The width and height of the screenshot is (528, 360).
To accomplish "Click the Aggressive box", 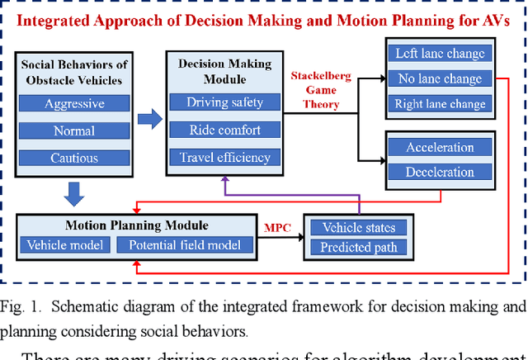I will click(x=74, y=104).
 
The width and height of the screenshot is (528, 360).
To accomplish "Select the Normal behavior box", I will click(x=74, y=130).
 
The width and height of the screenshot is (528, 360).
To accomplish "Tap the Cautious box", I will click(x=74, y=157).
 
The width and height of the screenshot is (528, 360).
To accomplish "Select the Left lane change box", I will click(x=441, y=54).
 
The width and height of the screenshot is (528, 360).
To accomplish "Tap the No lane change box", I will click(x=441, y=79).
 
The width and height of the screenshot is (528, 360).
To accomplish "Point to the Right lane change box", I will click(x=441, y=105).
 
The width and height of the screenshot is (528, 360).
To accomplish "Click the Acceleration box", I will click(x=440, y=147).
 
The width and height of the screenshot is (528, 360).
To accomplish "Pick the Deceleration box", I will click(x=440, y=173).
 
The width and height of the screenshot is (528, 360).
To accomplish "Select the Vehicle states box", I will click(x=359, y=228).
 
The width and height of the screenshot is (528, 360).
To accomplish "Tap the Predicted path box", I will click(x=359, y=247).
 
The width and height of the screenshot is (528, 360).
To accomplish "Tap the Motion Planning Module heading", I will click(x=136, y=225).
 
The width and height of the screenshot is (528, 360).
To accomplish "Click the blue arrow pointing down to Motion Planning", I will click(x=74, y=193).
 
